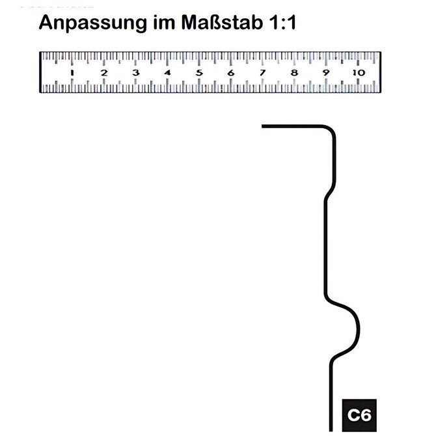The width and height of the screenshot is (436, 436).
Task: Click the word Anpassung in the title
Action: [93, 23]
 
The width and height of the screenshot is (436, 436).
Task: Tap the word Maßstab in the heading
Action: [222, 22]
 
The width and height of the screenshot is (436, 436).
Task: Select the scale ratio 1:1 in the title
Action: [283, 22]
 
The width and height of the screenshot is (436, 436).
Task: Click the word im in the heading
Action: [164, 22]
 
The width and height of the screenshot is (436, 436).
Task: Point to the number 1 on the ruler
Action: [72, 73]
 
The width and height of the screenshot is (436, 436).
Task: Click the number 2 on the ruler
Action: [104, 73]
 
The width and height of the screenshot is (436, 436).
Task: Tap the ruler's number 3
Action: [136, 73]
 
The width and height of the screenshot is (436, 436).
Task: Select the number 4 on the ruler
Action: [167, 73]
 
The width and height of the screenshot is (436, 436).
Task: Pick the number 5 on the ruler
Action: [199, 73]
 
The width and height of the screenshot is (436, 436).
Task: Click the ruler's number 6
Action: [231, 73]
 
